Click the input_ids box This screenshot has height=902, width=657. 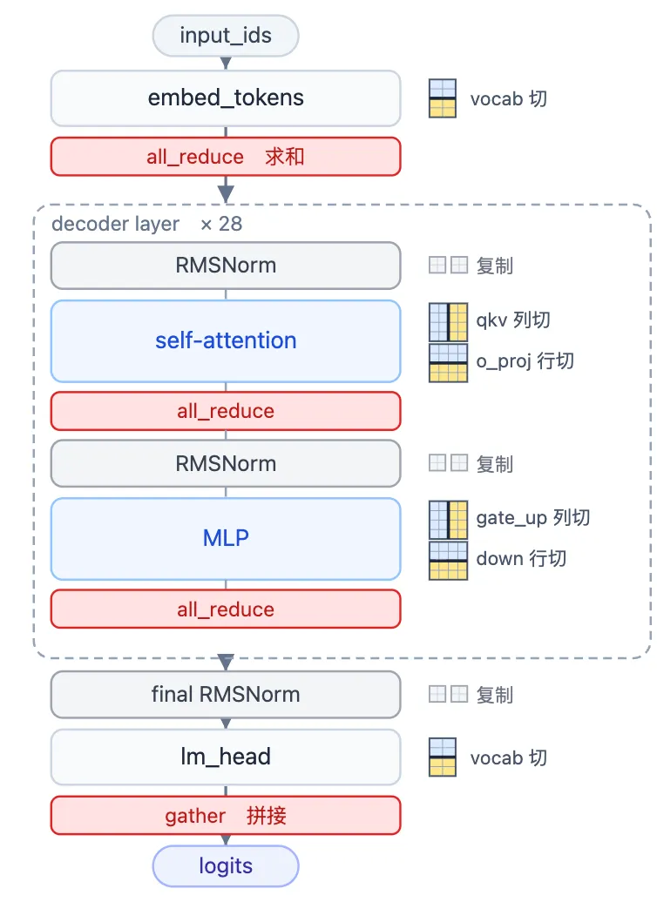coord(226,36)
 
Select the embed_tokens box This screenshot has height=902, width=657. coord(226,98)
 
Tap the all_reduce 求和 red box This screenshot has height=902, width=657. coord(226,157)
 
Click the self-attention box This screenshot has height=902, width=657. coord(226,340)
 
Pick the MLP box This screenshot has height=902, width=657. coord(226,538)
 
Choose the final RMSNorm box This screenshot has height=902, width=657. coord(226,694)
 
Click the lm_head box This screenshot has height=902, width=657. coord(226,757)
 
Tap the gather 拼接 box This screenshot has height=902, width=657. coord(226,816)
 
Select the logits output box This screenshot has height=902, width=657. coord(226,866)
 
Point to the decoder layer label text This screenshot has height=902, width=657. coord(115,224)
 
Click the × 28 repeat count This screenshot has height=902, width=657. coord(221,224)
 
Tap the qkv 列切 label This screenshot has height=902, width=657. coord(513,320)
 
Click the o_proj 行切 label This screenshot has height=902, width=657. coord(525,361)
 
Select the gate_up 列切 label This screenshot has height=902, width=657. coord(533,518)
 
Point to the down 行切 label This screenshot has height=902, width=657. coord(521,559)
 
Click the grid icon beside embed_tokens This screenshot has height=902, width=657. coord(443,98)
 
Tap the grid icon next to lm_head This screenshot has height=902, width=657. coord(443,757)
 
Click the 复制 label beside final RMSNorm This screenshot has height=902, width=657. coord(495,695)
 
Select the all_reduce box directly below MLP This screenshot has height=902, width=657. coord(226,609)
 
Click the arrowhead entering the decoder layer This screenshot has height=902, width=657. coord(226,194)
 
